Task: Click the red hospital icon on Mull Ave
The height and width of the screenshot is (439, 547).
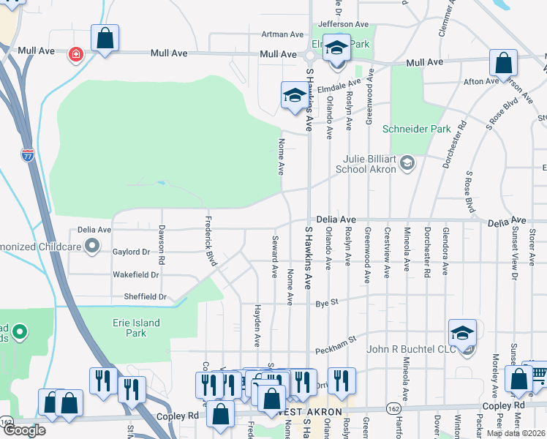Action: point(75,54)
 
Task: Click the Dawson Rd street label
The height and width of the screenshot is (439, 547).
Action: point(162,244)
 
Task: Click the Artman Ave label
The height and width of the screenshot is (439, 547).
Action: point(282,34)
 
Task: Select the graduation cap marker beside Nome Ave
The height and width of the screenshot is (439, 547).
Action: point(295,96)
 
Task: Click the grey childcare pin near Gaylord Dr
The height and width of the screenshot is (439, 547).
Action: point(92,247)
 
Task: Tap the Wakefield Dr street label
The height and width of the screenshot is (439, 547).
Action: point(135,275)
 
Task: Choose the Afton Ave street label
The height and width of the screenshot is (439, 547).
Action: point(481,81)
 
